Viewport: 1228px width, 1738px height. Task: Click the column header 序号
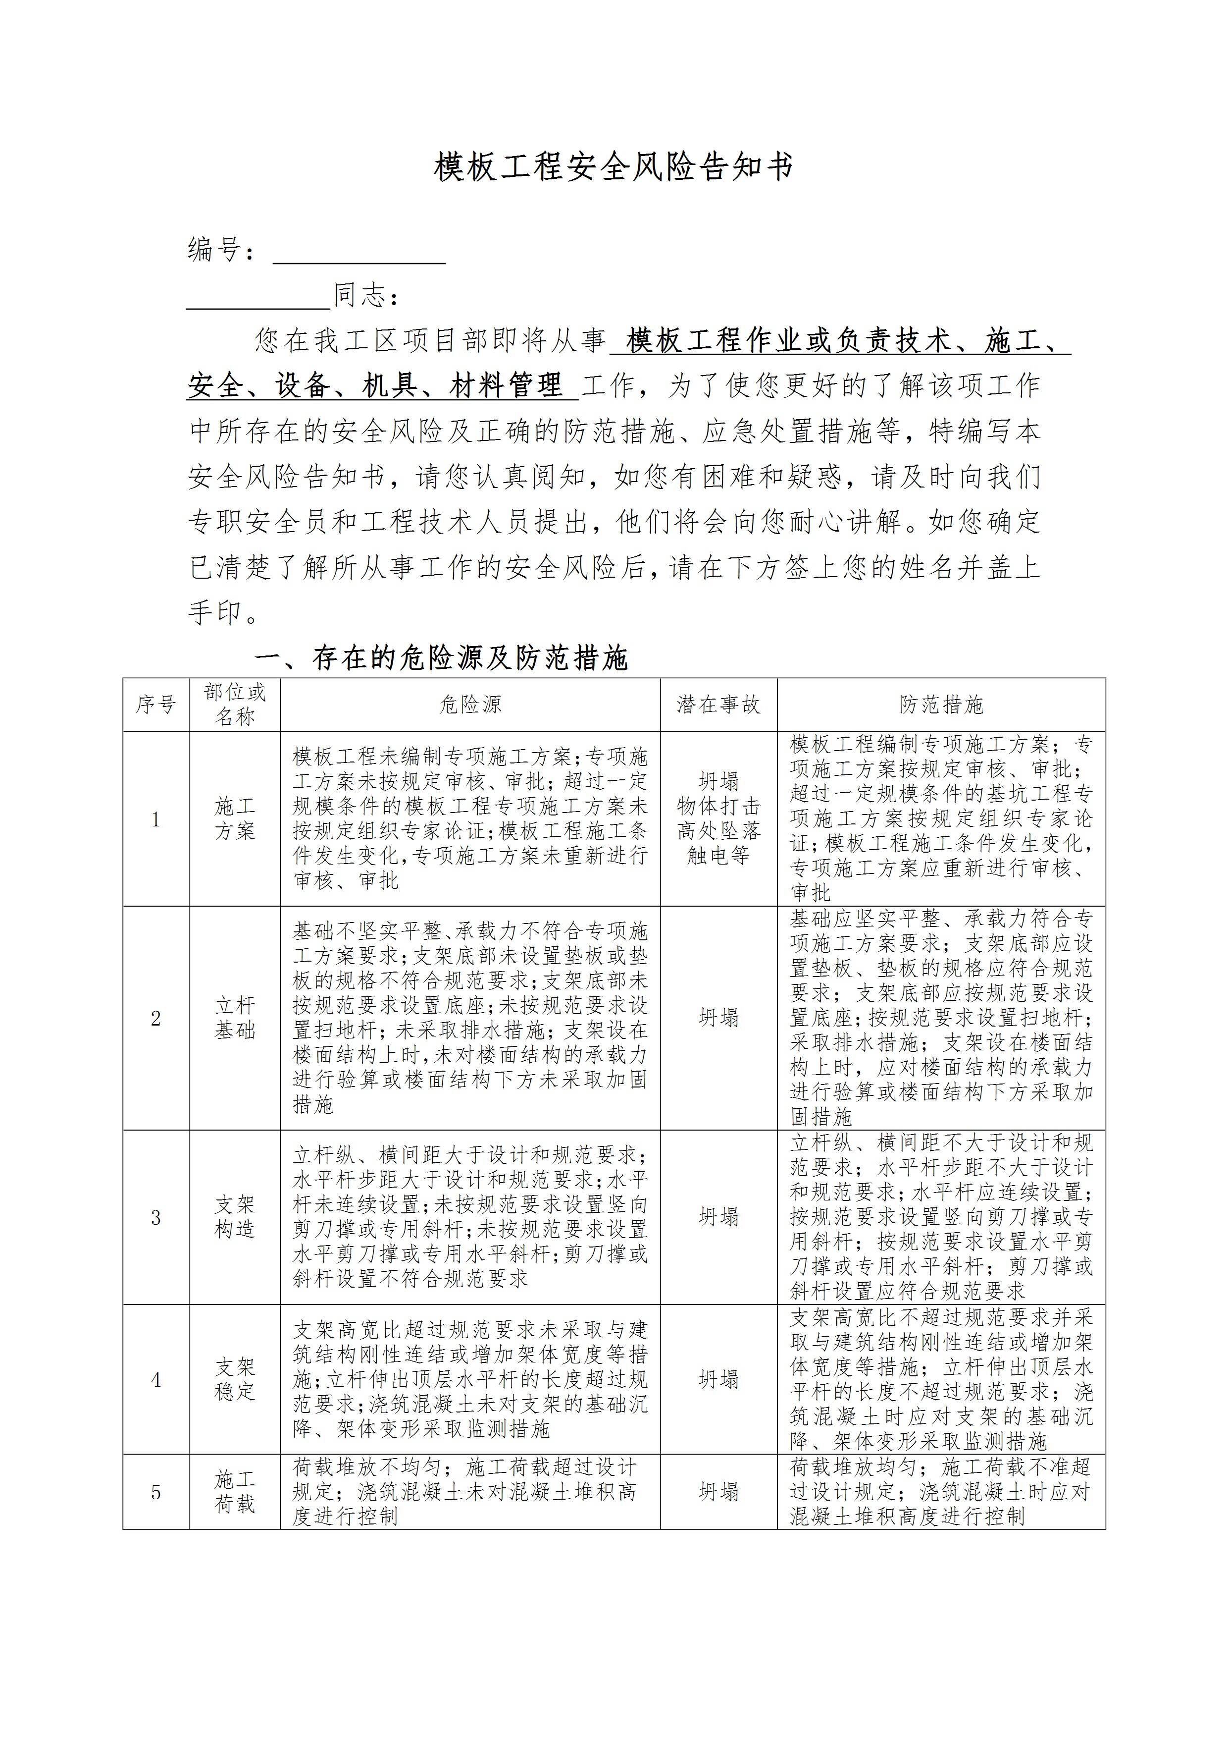[x=156, y=705]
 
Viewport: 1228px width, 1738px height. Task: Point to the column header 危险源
[x=470, y=705]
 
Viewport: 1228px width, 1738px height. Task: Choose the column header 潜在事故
[x=718, y=705]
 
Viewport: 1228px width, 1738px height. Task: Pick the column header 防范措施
[x=941, y=705]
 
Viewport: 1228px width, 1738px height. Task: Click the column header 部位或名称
[x=235, y=705]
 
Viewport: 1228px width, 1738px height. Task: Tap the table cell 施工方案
[x=235, y=818]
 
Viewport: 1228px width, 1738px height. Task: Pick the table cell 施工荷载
[x=235, y=1491]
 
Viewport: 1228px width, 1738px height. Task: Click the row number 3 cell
[x=156, y=1217]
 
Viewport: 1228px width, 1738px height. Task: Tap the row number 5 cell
[x=156, y=1492]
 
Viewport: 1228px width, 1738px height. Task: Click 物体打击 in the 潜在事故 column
[x=718, y=806]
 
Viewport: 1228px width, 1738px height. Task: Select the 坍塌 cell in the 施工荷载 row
[x=718, y=1492]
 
